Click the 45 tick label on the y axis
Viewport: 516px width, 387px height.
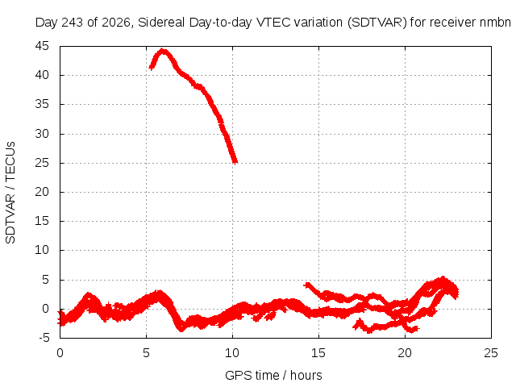42,46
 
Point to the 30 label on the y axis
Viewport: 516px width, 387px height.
42,134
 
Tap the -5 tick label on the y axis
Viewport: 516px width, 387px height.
44,338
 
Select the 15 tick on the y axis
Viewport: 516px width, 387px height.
42,221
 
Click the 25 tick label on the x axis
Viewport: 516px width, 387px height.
491,353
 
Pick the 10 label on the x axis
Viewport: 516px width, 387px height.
232,353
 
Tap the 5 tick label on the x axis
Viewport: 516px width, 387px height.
146,353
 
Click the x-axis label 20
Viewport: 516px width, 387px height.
405,353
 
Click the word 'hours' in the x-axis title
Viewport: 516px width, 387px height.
306,375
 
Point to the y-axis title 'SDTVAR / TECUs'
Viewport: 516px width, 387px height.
10,193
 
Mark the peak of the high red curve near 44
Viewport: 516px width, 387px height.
162,50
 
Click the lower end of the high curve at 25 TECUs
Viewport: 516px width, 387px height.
235,161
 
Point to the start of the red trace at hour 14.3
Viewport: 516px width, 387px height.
306,285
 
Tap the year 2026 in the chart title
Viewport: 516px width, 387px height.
116,23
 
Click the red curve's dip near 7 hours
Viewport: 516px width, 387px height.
181,328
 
